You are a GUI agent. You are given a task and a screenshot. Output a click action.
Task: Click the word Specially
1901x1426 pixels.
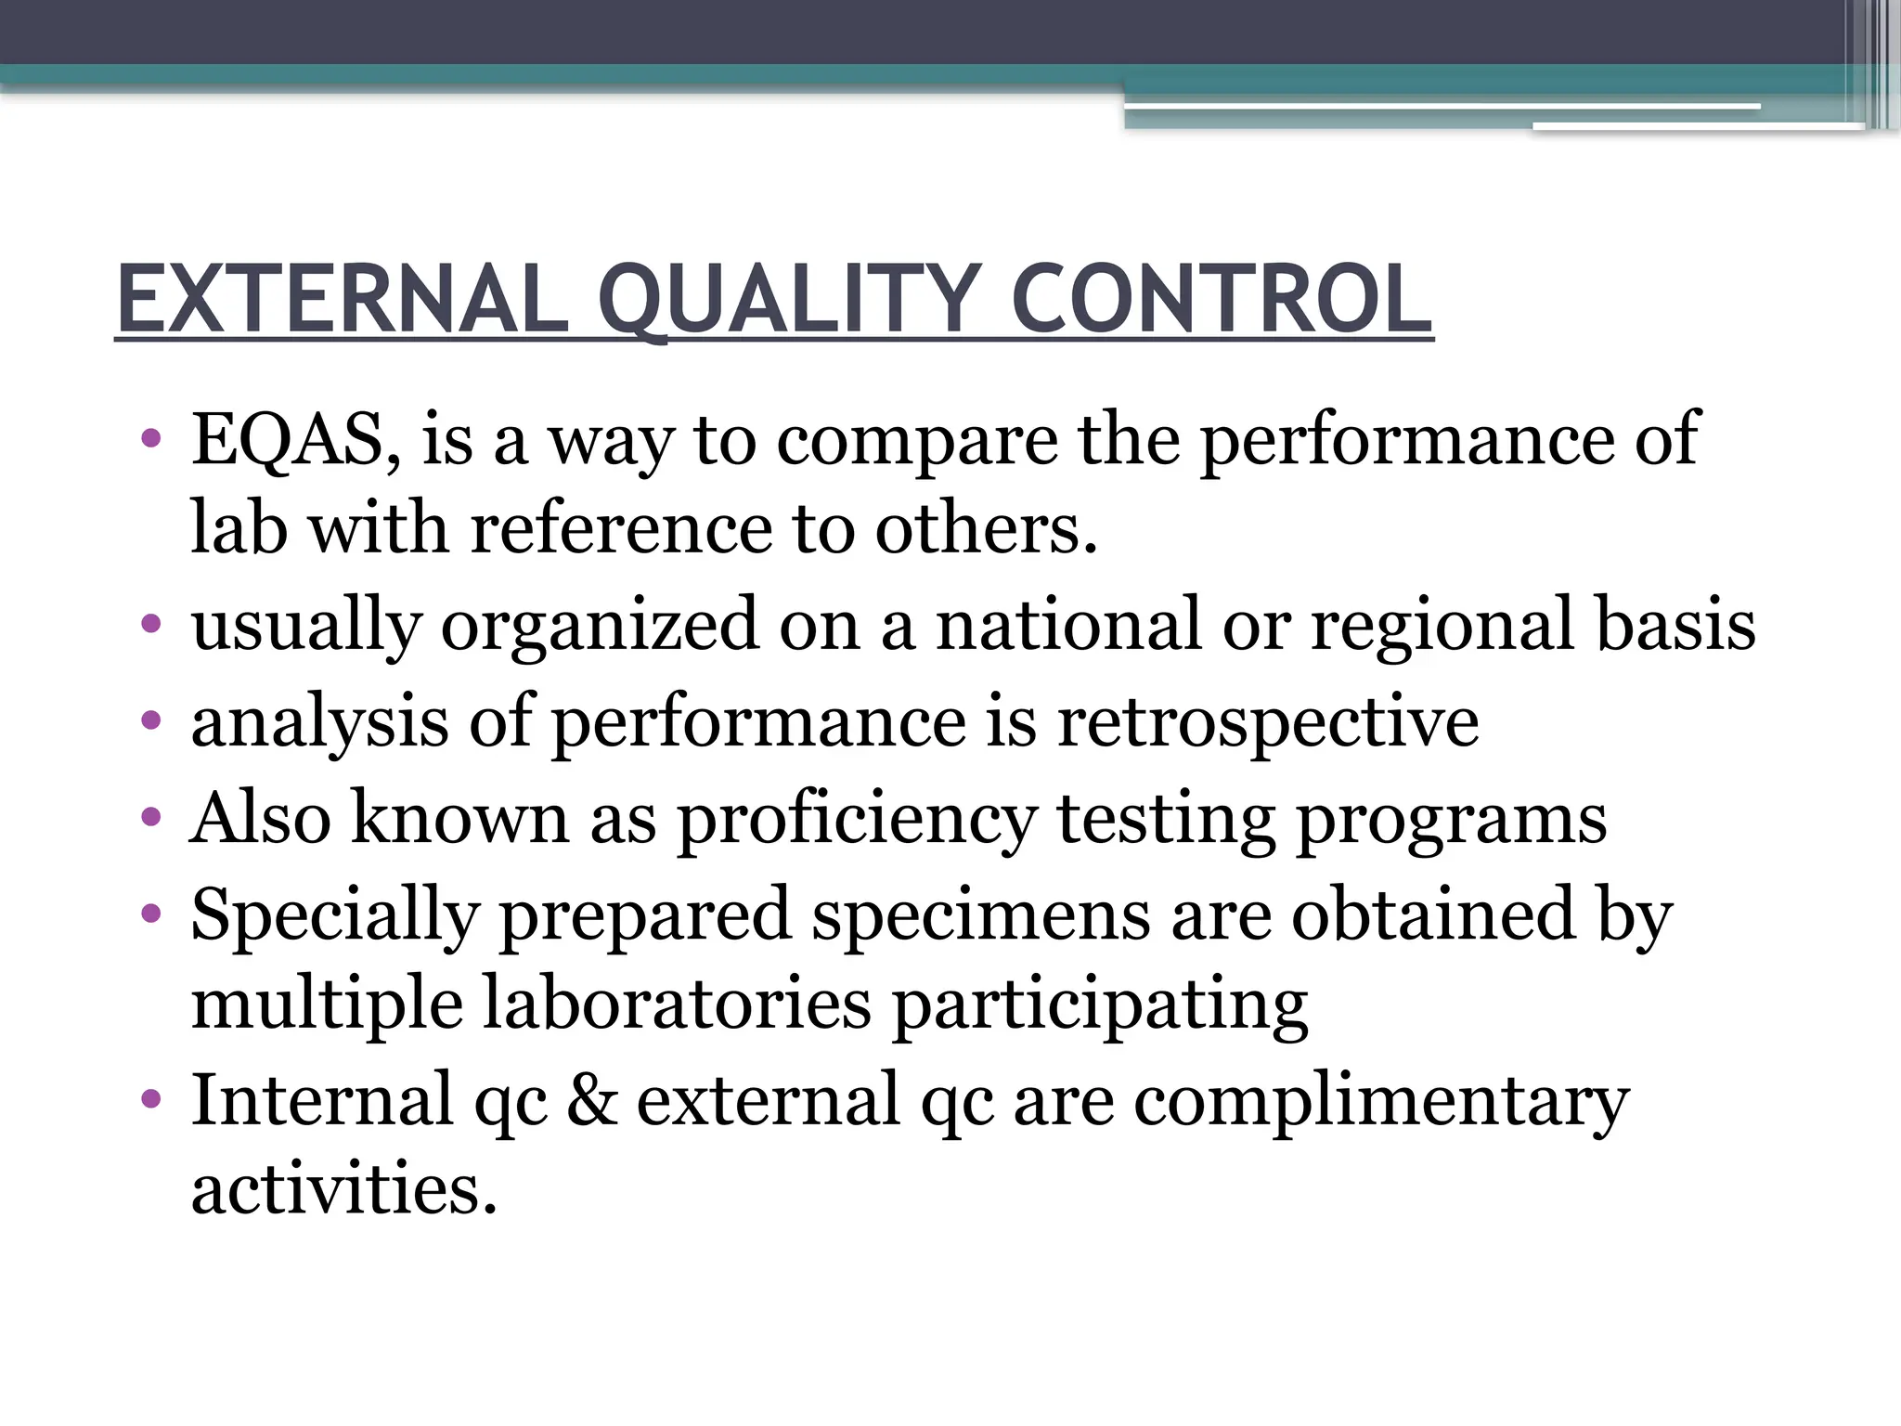pos(336,917)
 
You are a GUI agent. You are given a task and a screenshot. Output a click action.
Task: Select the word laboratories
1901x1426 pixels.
pos(678,1005)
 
